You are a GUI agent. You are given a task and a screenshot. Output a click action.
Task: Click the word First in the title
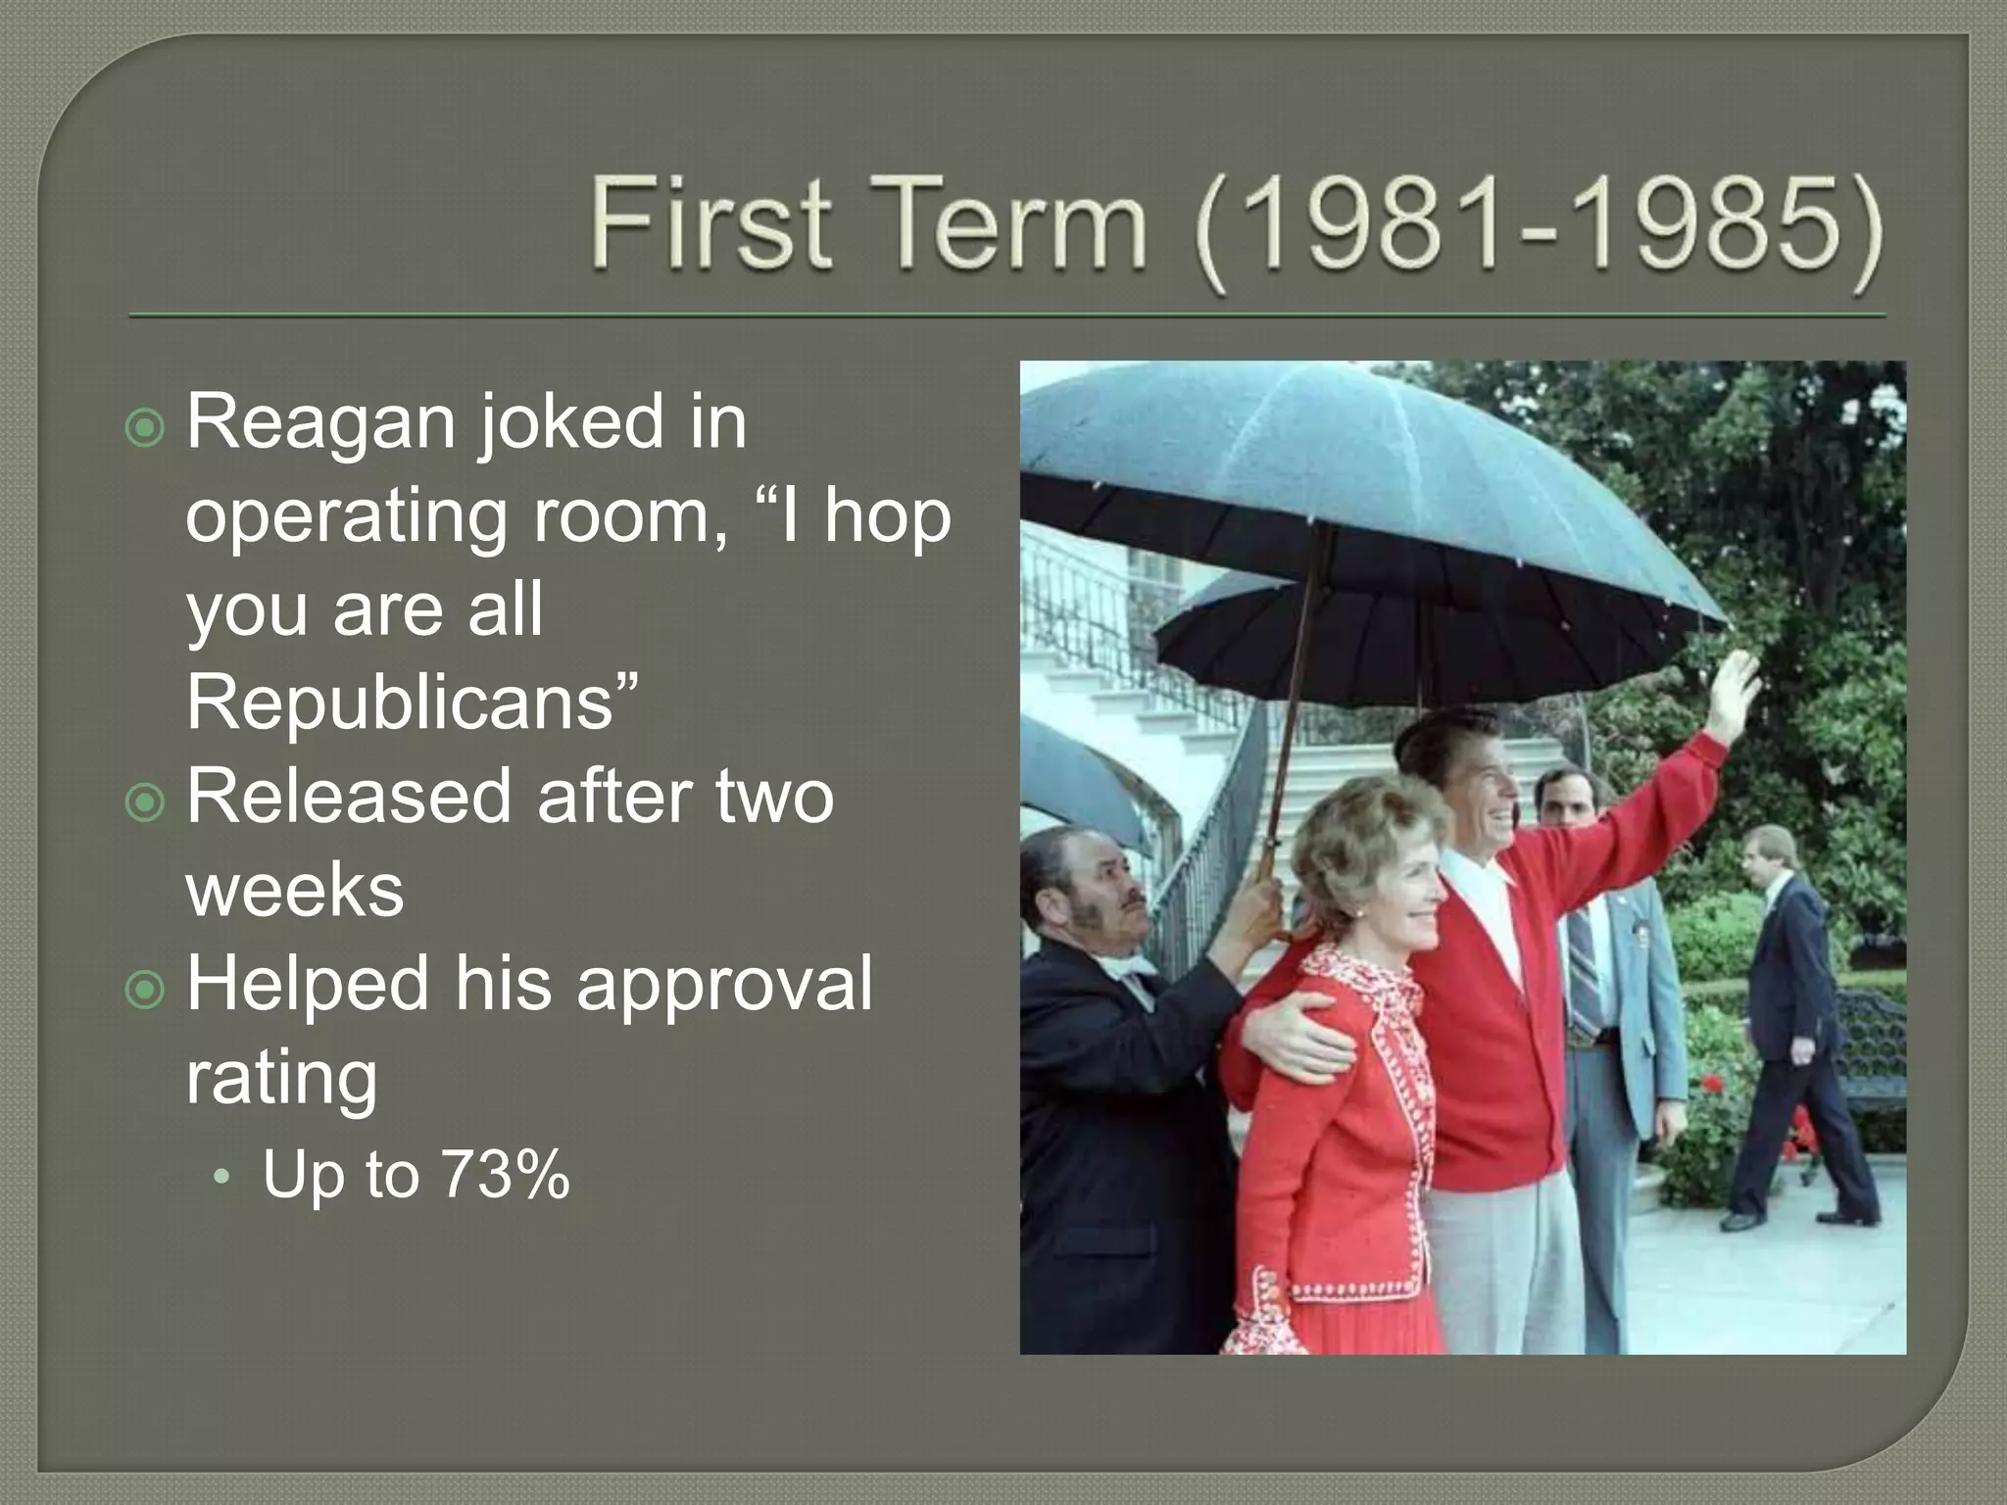pos(711,224)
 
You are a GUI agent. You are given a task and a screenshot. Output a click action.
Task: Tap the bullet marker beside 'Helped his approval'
pos(146,991)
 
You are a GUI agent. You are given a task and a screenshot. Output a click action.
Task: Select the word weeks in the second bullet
pos(294,890)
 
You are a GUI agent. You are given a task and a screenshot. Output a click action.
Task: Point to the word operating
pos(345,517)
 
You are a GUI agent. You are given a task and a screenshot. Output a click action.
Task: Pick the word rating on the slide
pos(281,1078)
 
